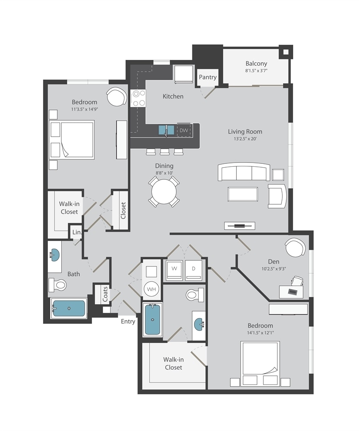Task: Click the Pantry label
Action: (208, 77)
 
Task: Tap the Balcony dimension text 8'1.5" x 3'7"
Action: (257, 71)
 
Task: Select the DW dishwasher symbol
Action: (184, 130)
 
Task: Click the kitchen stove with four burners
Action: (138, 98)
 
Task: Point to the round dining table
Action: (164, 192)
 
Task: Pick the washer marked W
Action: (174, 270)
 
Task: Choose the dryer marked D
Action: (194, 270)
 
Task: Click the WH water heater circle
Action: (151, 289)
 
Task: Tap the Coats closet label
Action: (105, 294)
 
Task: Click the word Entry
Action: (128, 322)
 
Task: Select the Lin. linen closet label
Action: (77, 232)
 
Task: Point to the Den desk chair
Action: (297, 281)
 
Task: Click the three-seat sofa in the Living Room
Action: (244, 172)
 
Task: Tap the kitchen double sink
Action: (166, 130)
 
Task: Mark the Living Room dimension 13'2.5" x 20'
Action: (245, 139)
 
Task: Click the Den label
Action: (274, 262)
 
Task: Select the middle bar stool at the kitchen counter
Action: (164, 152)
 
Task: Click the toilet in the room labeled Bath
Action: (57, 285)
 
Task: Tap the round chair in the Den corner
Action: (295, 247)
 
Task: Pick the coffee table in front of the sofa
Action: (243, 194)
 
